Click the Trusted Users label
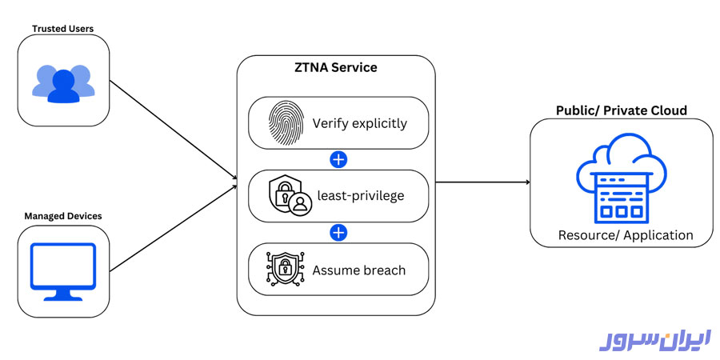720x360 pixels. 62,29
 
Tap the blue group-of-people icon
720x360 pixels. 63,82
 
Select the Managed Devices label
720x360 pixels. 62,216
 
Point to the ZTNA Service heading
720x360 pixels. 335,68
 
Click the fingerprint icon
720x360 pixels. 285,123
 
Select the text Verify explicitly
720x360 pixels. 359,124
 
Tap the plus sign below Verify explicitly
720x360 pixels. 338,159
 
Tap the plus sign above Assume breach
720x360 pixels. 338,233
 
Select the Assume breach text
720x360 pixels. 359,270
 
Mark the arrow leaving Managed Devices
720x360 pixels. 172,228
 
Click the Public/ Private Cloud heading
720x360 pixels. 622,110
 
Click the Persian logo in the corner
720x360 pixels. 654,338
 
